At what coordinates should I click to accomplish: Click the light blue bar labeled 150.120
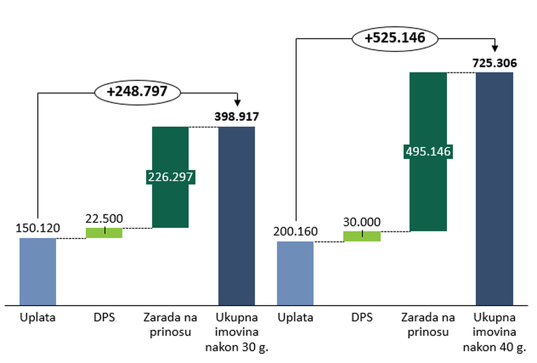coord(37,271)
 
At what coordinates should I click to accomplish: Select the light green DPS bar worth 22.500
coord(104,233)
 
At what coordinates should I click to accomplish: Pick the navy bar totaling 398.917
coord(237,216)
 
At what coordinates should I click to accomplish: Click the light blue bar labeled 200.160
coord(295,273)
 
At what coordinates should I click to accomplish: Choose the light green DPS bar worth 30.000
coord(362,236)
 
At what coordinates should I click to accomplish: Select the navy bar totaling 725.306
coord(494,188)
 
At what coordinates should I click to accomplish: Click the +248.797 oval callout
coord(138,92)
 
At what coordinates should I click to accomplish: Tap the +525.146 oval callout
coord(395,37)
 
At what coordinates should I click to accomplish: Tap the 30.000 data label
coord(362,221)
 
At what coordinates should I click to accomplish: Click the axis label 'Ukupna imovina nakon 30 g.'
coord(237,332)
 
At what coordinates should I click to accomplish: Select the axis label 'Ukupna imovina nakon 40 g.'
coord(494,332)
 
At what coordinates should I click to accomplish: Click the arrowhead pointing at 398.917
coord(237,102)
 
